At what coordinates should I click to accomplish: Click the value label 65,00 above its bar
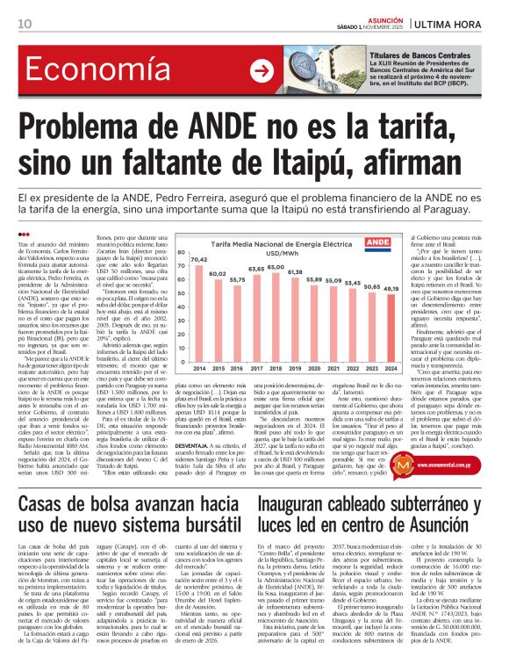click(x=275, y=268)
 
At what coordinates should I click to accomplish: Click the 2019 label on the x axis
click(x=294, y=343)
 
